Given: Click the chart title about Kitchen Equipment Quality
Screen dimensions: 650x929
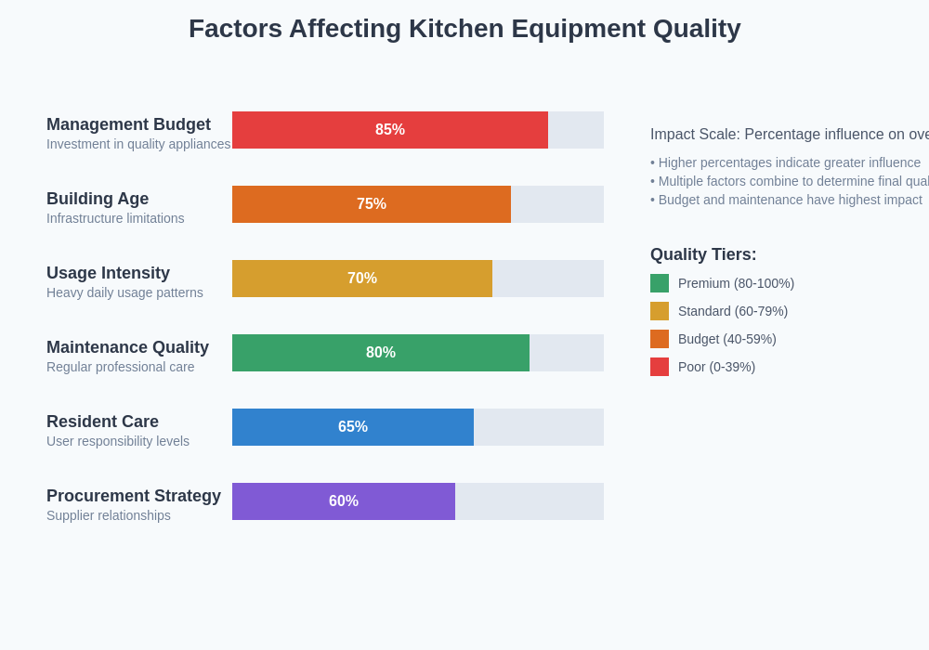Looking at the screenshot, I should click(464, 29).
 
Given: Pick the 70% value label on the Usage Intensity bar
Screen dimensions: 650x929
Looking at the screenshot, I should click(362, 279).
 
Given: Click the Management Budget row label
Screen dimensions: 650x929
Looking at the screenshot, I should click(128, 124).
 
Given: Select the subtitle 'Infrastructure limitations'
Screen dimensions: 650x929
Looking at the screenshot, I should click(115, 218).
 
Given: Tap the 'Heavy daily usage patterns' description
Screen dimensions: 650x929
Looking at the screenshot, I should click(124, 292).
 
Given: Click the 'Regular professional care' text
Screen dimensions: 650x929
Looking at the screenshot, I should click(121, 367).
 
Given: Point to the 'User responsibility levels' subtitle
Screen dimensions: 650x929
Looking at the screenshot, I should click(118, 441).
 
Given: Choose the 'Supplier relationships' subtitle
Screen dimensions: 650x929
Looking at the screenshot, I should click(109, 515).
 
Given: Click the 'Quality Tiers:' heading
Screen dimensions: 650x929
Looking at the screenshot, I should click(703, 254).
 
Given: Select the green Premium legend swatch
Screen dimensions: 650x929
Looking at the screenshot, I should click(660, 283).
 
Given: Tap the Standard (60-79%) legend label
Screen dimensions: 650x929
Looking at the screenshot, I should click(733, 311).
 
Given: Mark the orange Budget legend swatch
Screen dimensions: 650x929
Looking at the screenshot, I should click(660, 339).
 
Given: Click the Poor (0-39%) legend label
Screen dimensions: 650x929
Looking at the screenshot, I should click(716, 367).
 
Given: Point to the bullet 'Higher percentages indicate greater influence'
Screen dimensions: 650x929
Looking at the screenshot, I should click(786, 162).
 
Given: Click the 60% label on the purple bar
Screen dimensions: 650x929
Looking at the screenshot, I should click(344, 501).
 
